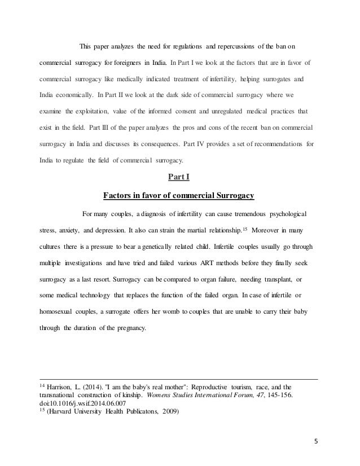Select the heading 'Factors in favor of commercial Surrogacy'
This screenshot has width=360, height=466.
[179, 196]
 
